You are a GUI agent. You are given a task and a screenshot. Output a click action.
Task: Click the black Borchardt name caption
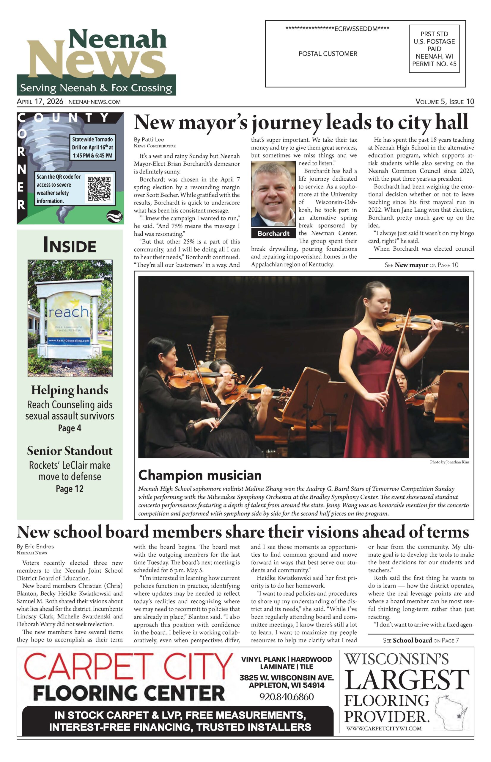(273, 233)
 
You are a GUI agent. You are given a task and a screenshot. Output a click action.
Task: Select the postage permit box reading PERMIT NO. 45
(434, 49)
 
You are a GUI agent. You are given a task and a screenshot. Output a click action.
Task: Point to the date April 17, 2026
(40, 102)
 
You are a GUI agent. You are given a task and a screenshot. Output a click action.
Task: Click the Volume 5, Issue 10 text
(444, 102)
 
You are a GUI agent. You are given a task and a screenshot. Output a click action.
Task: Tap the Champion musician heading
(200, 475)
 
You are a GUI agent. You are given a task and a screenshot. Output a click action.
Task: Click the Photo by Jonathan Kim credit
(449, 462)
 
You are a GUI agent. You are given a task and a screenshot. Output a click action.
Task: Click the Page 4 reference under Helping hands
(70, 428)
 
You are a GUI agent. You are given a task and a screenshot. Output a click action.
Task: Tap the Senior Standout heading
(70, 451)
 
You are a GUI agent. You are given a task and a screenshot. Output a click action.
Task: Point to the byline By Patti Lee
(149, 140)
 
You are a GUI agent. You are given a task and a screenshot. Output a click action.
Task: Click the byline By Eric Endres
(35, 546)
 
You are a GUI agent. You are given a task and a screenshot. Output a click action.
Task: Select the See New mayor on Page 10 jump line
(421, 265)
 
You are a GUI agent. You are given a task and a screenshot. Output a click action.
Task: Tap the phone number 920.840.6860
(286, 697)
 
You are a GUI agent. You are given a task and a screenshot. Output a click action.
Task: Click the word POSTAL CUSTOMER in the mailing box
(328, 54)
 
